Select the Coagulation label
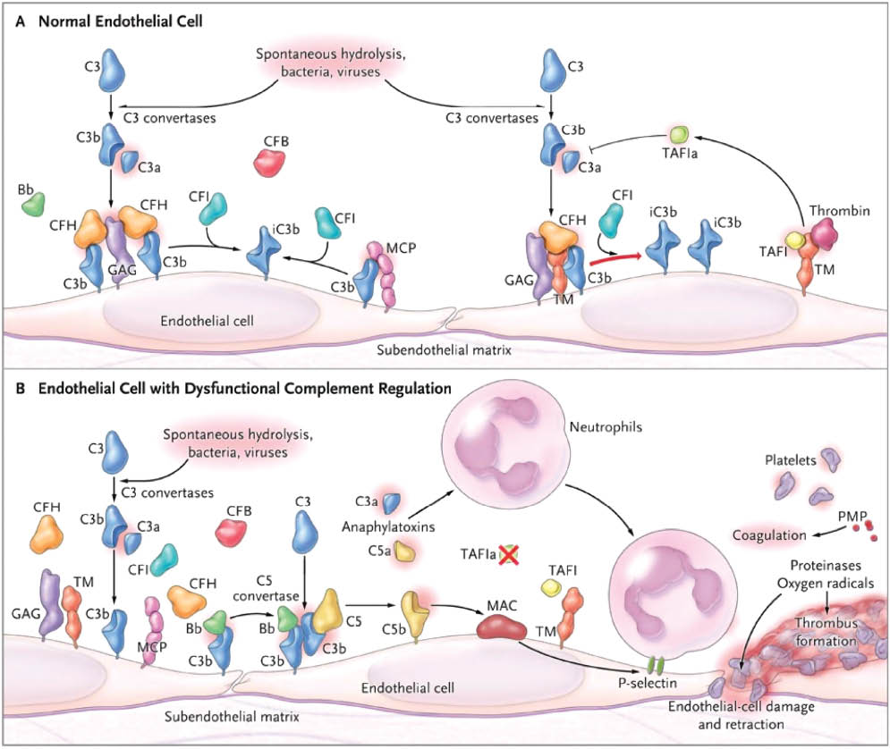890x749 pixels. tap(765, 535)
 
